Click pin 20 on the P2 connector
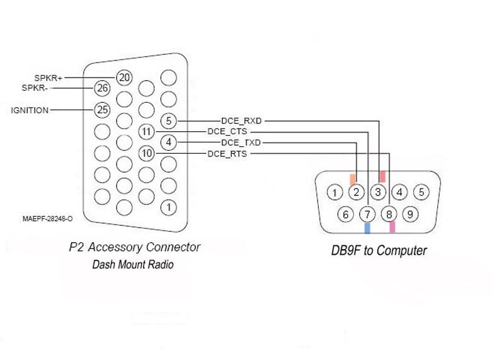pyautogui.click(x=125, y=78)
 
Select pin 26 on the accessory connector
pyautogui.click(x=102, y=88)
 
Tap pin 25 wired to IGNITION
pyautogui.click(x=102, y=110)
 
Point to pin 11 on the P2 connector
pyautogui.click(x=146, y=132)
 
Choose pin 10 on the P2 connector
pyautogui.click(x=146, y=153)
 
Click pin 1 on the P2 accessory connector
pyautogui.click(x=168, y=206)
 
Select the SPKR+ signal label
pyautogui.click(x=48, y=78)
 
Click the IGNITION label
pyautogui.click(x=30, y=110)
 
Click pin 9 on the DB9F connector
pyautogui.click(x=410, y=214)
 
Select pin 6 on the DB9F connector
pyautogui.click(x=345, y=214)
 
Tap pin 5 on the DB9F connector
pyautogui.click(x=421, y=192)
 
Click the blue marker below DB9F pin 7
pyautogui.click(x=367, y=228)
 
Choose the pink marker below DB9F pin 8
pyautogui.click(x=392, y=227)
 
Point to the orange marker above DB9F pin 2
pyautogui.click(x=353, y=179)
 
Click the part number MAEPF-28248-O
pyautogui.click(x=47, y=219)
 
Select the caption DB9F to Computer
pyautogui.click(x=379, y=251)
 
